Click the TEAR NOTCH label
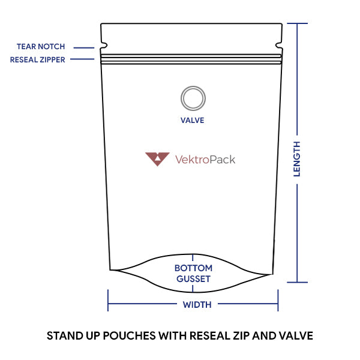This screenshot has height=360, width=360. click(x=41, y=47)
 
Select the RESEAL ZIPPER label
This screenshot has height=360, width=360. click(x=38, y=60)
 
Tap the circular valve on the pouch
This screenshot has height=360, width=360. click(x=193, y=98)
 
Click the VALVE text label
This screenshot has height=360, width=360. click(x=193, y=121)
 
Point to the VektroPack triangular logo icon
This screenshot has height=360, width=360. click(x=157, y=158)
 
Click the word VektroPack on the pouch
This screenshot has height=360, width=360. click(x=205, y=160)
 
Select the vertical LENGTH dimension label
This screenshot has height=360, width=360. click(x=297, y=159)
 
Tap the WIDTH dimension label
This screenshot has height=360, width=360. click(x=197, y=305)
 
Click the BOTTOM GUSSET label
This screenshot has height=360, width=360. click(x=193, y=274)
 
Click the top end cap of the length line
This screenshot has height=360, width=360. click(x=298, y=23)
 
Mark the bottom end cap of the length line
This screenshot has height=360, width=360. click(x=298, y=282)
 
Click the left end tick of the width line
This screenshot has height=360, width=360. click(x=108, y=300)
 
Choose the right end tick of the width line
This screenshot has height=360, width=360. click(x=278, y=300)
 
